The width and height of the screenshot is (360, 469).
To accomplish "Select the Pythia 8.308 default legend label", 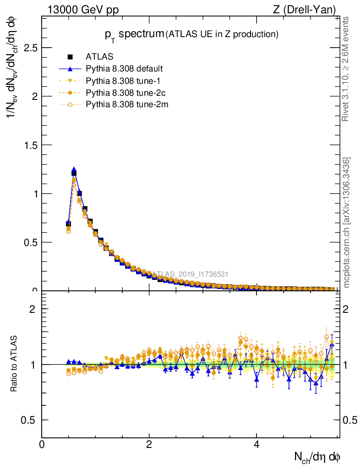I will click(124, 69).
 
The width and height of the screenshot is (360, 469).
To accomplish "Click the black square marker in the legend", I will click(71, 57).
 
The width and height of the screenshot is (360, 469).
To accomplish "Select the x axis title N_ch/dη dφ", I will click(317, 456).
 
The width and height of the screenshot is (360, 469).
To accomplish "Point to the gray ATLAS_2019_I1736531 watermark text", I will click(190, 274).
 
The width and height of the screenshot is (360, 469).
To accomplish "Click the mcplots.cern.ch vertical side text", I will click(347, 223).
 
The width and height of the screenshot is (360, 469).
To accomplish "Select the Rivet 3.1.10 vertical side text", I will click(347, 69).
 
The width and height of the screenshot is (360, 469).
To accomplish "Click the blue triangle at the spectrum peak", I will click(74, 169).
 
